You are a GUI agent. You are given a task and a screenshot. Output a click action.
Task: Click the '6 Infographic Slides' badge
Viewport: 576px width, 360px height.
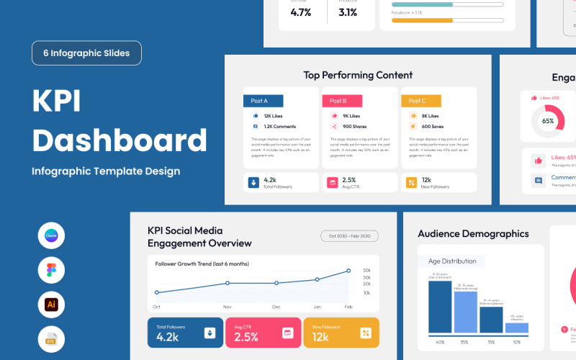click(x=86, y=53)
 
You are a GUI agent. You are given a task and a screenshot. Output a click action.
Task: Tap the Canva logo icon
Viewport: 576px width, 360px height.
click(x=51, y=235)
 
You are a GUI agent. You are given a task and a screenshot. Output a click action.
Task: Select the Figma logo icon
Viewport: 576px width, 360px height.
click(x=51, y=270)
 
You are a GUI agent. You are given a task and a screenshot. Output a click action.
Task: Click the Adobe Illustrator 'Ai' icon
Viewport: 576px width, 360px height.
click(x=51, y=305)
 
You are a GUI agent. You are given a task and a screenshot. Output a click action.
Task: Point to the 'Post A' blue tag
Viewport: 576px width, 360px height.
click(x=263, y=101)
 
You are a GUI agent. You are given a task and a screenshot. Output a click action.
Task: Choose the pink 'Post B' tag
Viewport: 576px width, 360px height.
click(x=341, y=101)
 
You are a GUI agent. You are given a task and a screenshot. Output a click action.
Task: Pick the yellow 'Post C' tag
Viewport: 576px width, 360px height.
click(x=420, y=101)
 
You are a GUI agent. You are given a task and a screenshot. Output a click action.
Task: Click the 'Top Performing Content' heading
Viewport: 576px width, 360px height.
click(x=358, y=75)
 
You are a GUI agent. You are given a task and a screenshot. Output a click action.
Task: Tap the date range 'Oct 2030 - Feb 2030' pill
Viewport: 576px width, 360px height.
click(x=349, y=236)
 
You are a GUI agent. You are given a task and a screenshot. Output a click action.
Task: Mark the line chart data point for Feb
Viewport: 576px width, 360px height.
click(x=348, y=271)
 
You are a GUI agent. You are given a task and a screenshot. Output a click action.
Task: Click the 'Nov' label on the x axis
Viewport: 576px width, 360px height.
click(x=228, y=306)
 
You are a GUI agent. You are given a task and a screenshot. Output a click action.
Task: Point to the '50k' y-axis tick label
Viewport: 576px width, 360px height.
click(x=366, y=261)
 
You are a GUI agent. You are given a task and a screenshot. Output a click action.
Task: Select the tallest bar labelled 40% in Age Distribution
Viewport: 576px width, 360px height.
click(x=439, y=307)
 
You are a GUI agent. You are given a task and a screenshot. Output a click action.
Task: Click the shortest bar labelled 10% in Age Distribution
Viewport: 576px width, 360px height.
click(x=516, y=328)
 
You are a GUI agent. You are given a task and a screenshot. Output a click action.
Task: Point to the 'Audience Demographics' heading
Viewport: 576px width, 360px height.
click(x=473, y=234)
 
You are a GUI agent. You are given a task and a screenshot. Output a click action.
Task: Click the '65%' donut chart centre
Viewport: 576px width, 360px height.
click(x=548, y=121)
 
